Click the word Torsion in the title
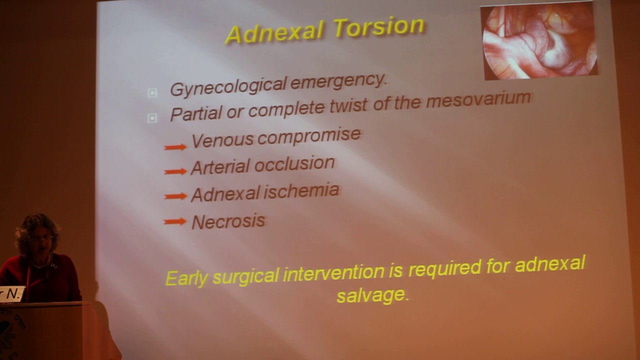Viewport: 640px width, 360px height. pos(379,27)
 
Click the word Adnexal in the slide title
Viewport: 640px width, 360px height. pos(275,32)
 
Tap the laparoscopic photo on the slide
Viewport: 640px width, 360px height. pos(539,41)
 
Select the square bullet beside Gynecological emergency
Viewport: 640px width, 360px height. pos(152,93)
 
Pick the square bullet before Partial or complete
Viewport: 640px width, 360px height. pos(152,118)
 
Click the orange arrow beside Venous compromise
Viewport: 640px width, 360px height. pos(175,147)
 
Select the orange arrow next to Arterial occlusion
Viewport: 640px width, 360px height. pos(175,171)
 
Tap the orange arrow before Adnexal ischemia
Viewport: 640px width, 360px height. pos(175,196)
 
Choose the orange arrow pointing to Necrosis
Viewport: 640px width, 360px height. pos(175,221)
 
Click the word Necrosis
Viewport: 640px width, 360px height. pos(228,221)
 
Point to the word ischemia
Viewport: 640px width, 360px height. pos(301,191)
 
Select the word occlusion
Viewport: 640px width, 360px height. pos(294,164)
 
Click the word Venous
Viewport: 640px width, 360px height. pos(222,140)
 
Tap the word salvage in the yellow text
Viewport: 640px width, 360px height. pos(372,295)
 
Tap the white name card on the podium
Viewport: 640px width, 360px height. pos(11,294)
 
